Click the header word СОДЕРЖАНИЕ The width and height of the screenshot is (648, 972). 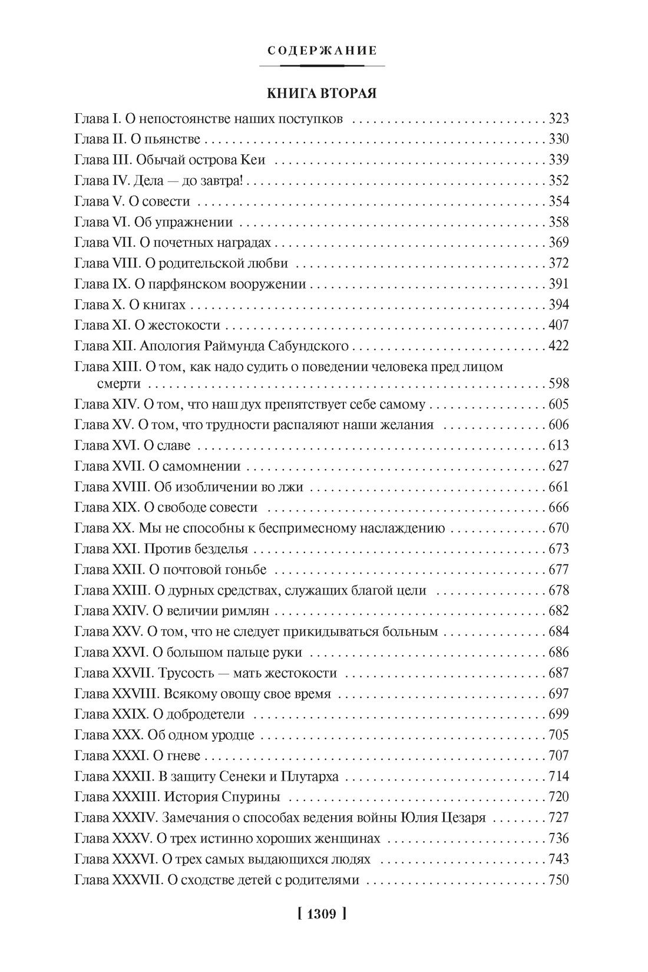pos(322,51)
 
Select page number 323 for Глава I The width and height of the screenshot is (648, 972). pos(558,119)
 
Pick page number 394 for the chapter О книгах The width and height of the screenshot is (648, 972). pos(558,305)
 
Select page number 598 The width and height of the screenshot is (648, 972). pos(558,384)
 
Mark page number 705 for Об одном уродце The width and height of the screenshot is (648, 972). pos(558,735)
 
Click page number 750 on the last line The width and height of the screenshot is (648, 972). pos(558,880)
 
